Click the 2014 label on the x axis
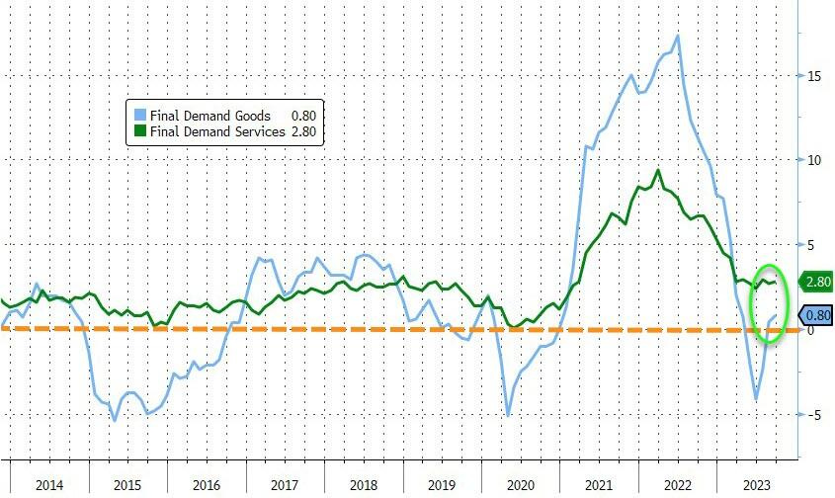pos(48,485)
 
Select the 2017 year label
pos(283,485)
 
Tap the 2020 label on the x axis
pos(519,485)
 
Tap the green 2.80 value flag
pos(816,282)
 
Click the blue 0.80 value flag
pos(816,315)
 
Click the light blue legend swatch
pos(141,116)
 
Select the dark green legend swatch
pos(141,131)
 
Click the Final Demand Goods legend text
pos(210,116)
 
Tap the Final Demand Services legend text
pos(217,131)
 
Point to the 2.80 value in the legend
pos(303,131)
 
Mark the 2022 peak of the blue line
pos(677,37)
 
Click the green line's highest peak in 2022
pos(658,170)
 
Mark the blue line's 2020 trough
pos(508,415)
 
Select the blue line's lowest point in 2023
pos(756,399)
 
